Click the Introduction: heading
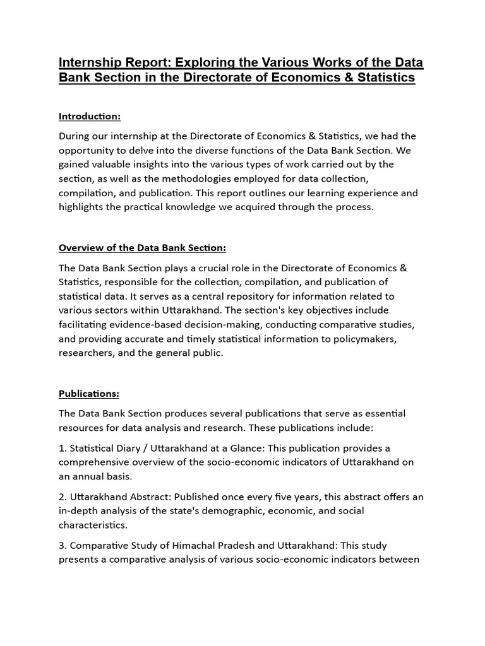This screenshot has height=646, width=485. coord(90,116)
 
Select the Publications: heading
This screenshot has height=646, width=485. coord(89,394)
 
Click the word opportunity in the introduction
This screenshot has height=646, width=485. coord(87,150)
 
